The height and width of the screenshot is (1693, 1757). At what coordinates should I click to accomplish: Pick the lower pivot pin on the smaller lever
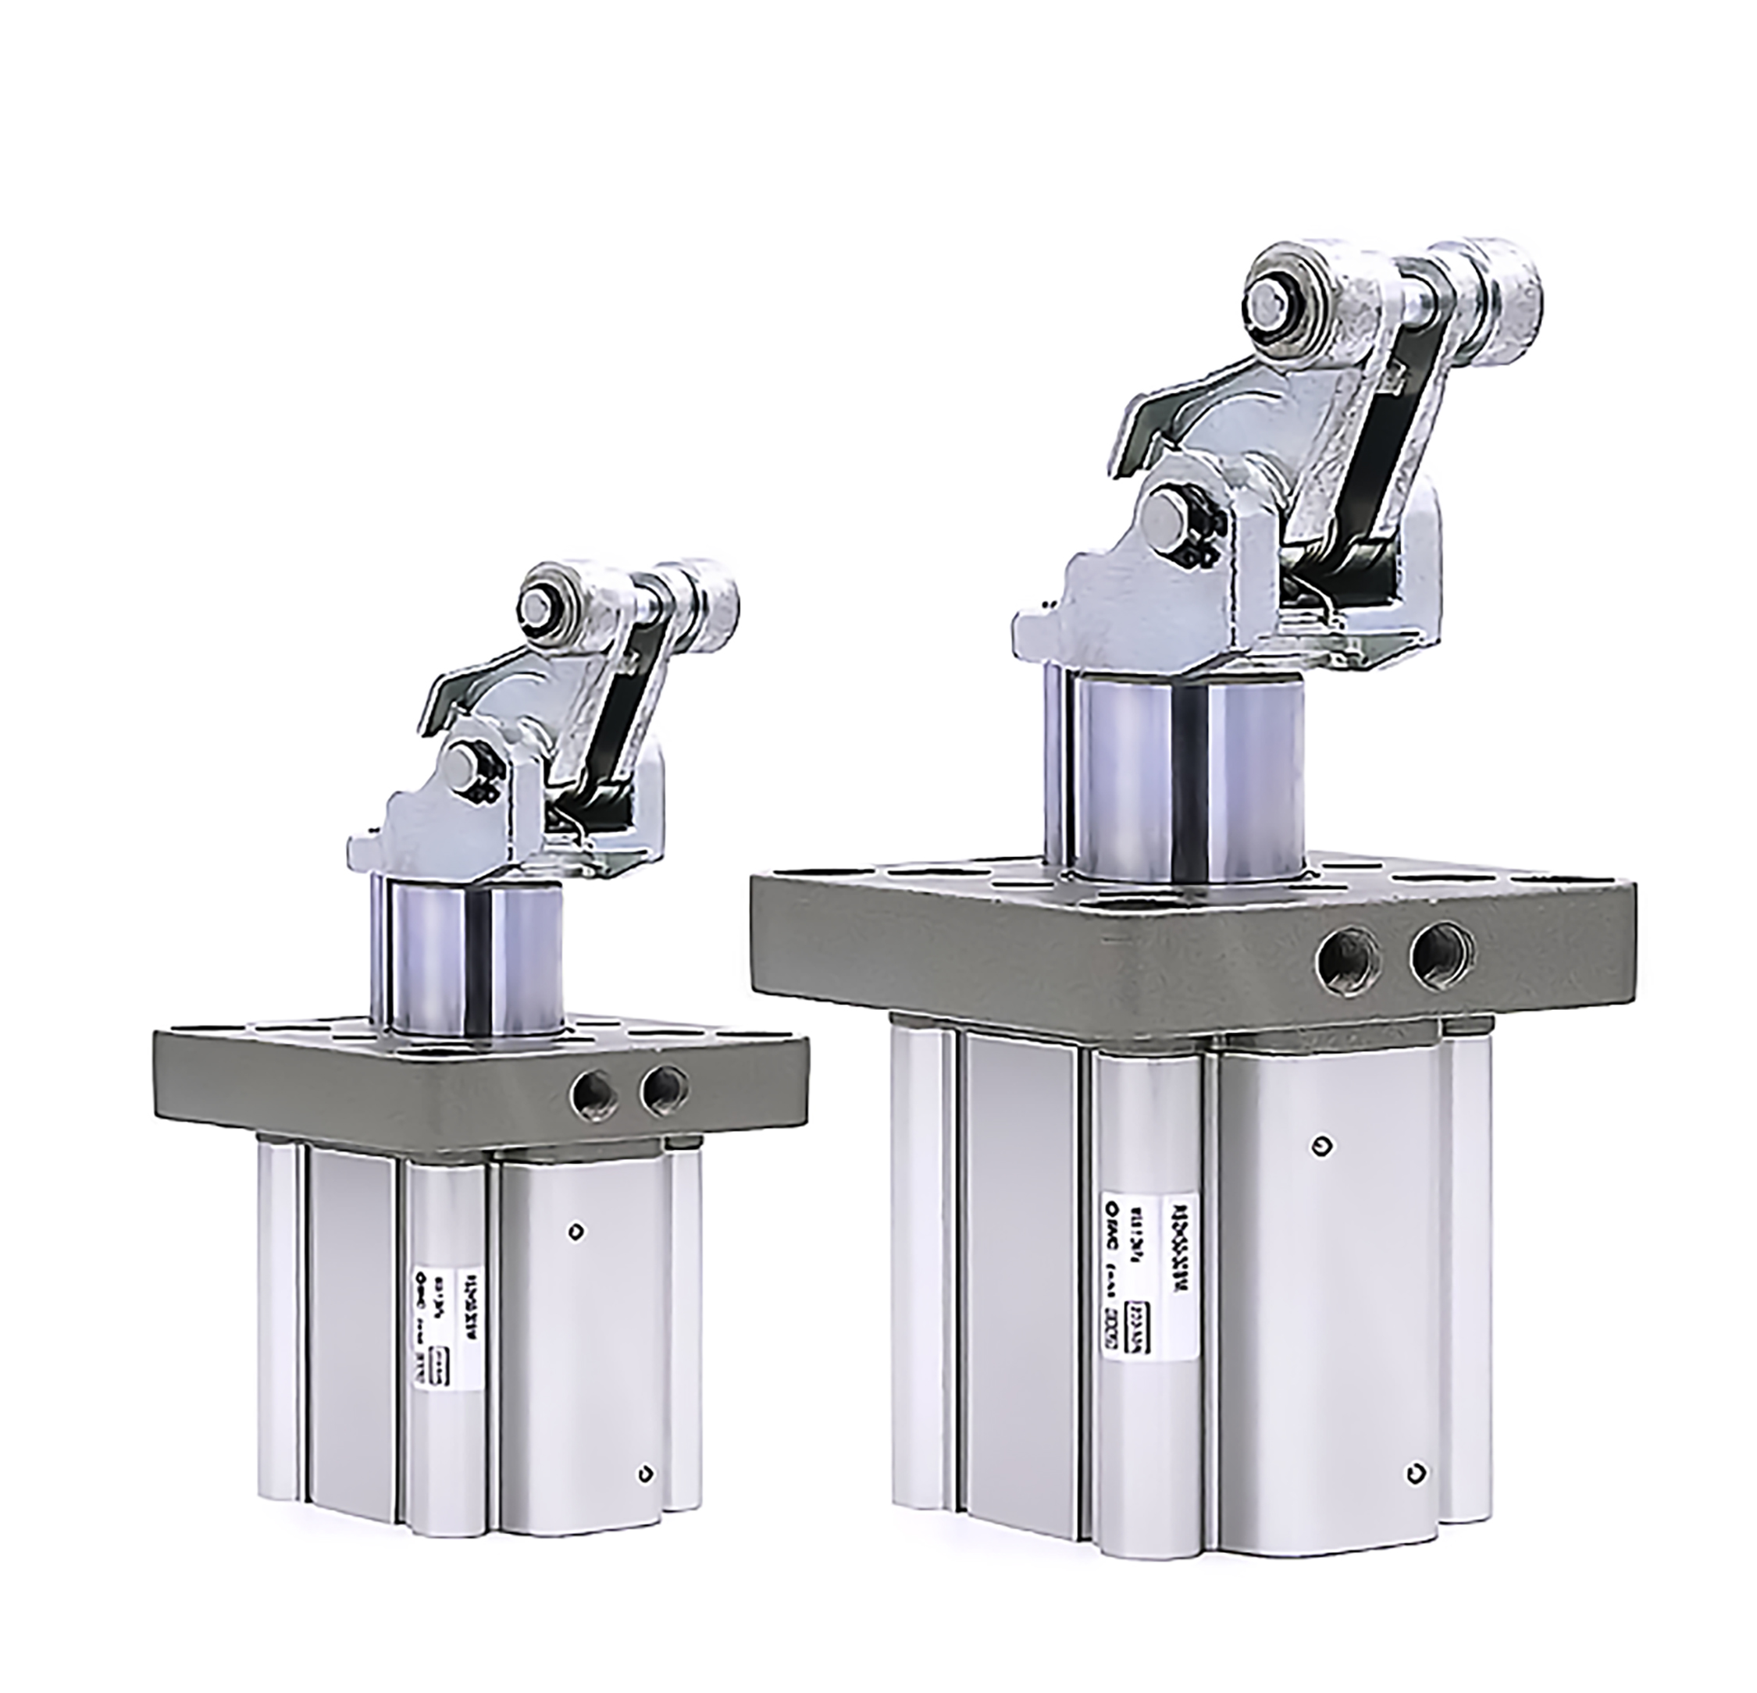[x=462, y=763]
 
